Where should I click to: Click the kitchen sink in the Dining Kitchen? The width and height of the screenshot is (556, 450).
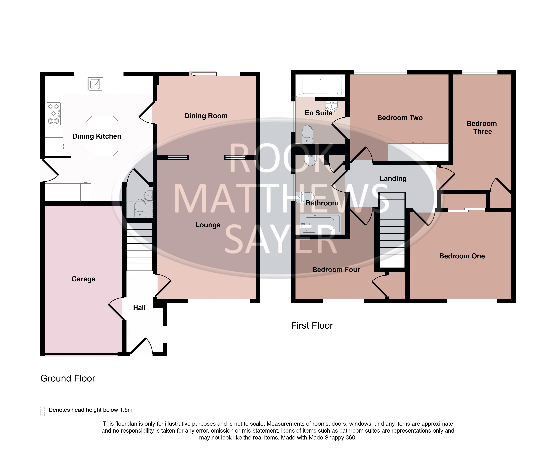pyautogui.click(x=95, y=84)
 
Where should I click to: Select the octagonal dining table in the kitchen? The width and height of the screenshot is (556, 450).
pyautogui.click(x=102, y=136)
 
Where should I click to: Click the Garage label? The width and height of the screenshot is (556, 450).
pyautogui.click(x=83, y=279)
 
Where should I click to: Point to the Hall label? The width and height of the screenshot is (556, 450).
pyautogui.click(x=139, y=308)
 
